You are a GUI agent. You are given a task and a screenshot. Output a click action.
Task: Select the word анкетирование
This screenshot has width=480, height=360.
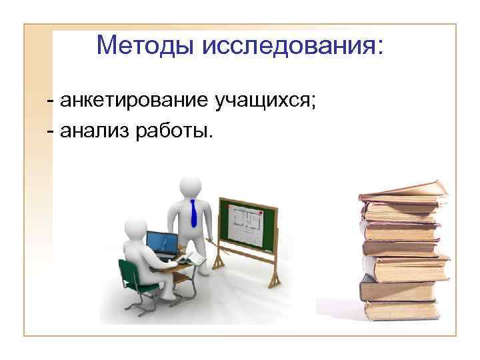[135, 101]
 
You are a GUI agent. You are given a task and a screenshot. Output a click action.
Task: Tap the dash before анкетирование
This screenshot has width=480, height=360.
[51, 102]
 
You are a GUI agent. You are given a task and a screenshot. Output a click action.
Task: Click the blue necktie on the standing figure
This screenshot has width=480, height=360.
[193, 213]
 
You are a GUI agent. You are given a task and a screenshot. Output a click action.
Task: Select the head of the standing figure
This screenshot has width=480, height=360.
[191, 186]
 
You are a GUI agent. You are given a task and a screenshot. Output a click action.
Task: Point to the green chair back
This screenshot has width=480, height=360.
[129, 274]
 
